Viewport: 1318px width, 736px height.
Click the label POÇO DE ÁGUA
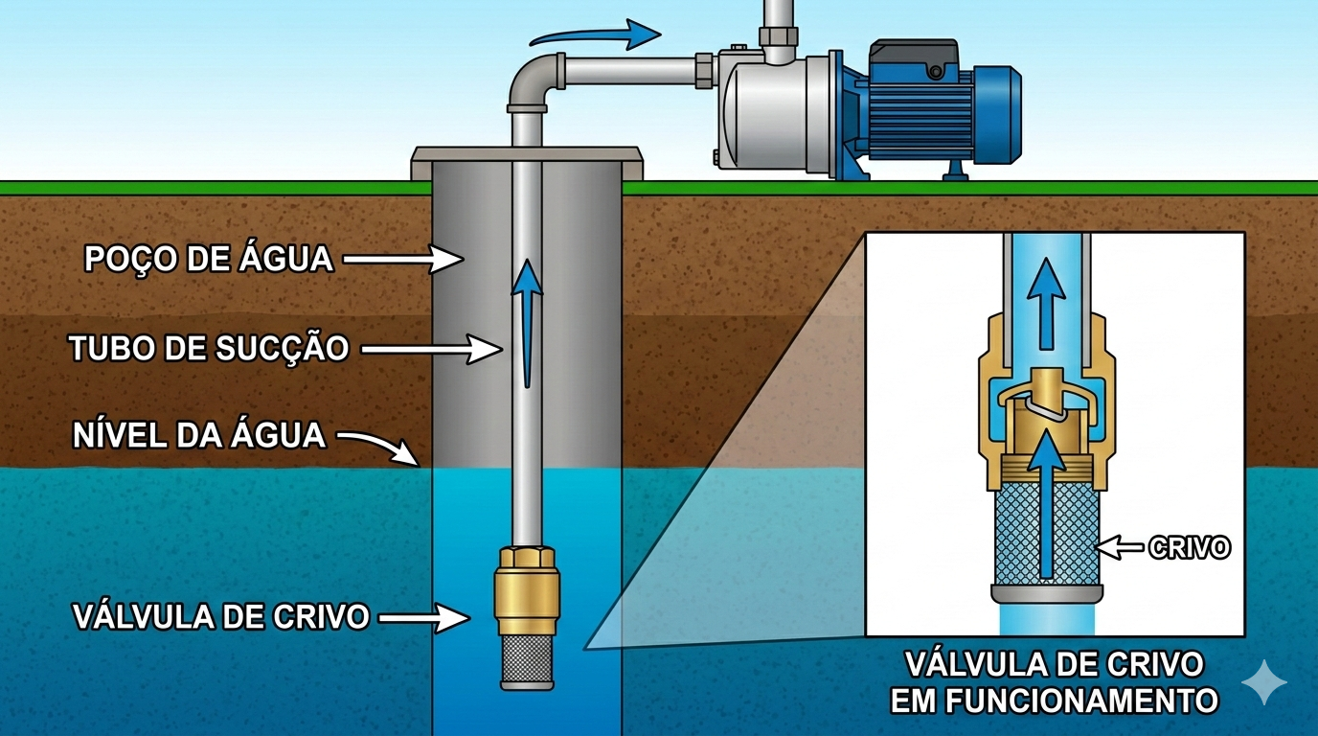209,259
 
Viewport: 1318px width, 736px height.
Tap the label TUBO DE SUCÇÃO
209,348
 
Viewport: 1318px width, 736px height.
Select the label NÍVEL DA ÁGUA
199,435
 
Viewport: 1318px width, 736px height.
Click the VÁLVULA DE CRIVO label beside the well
221,616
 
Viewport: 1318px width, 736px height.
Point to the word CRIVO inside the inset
1190,548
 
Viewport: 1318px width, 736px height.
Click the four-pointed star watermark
1264,681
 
